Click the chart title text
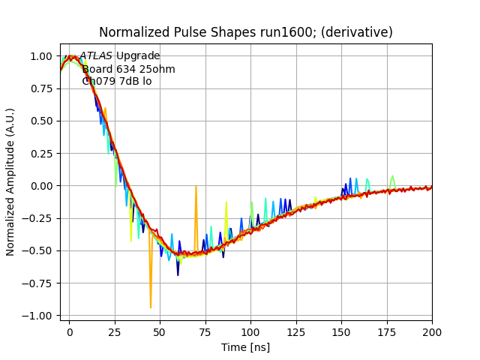coord(246,32)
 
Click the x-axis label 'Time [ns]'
coord(245,347)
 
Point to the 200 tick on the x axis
coord(432,330)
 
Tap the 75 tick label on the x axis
coord(205,330)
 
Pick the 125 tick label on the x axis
coord(296,330)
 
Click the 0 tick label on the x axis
coord(69,330)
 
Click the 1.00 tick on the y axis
coord(42,56)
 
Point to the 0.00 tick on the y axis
coord(42,186)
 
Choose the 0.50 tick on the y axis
coord(42,121)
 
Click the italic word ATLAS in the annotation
coord(96,56)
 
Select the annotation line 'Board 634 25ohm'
coord(128,69)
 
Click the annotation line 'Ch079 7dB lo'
coord(116,81)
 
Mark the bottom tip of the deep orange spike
coord(151,307)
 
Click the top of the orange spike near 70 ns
coord(196,187)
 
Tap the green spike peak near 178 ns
coord(392,176)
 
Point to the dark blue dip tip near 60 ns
coord(178,274)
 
